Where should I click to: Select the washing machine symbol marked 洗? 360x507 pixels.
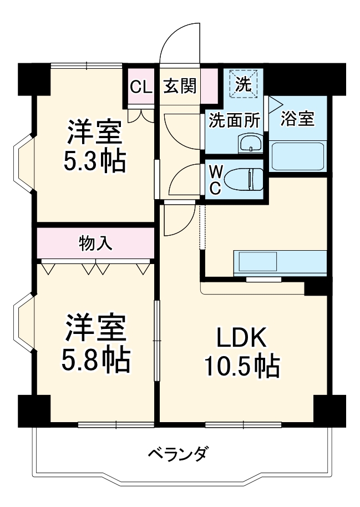244,84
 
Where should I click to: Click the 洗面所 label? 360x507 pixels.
226,120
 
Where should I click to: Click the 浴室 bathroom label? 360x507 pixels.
297,119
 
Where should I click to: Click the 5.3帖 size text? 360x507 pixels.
93,161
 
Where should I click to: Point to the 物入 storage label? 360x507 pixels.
95,243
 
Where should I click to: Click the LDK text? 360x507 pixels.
242,337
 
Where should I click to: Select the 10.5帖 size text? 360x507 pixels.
242,366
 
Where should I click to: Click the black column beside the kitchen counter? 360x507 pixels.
316,286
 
